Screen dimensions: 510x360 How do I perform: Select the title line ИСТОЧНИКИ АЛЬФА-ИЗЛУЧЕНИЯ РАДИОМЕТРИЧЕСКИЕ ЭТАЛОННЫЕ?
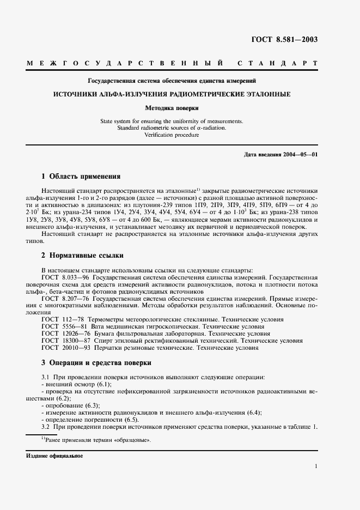tap(172, 94)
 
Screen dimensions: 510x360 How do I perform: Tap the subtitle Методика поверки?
tap(172, 108)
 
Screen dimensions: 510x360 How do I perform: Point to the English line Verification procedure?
tap(172, 135)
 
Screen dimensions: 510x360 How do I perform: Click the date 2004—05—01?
tap(300, 155)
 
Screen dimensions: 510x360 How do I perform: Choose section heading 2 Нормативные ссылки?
tap(82, 255)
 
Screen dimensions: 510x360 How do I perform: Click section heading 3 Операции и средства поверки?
tap(96, 362)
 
